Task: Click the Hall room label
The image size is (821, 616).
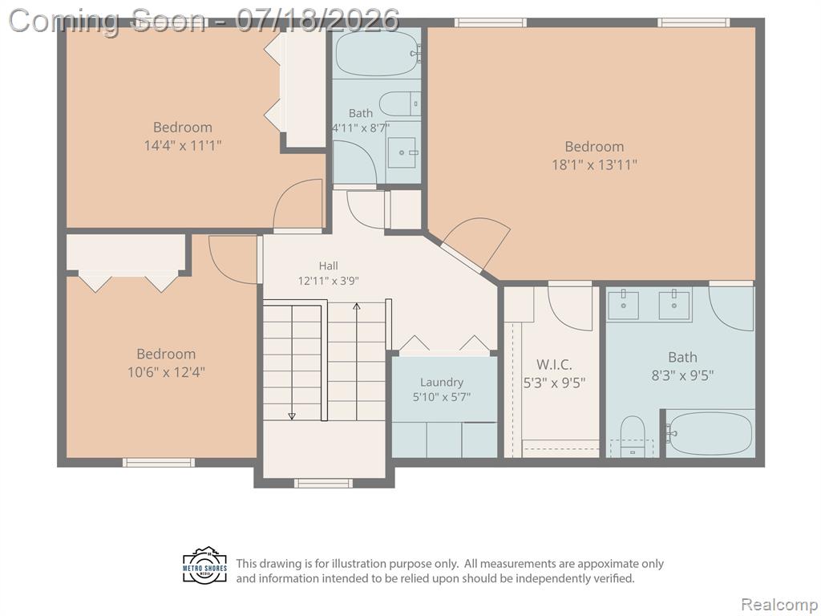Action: click(328, 266)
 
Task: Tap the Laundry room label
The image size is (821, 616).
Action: click(442, 383)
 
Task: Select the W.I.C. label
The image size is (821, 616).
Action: click(554, 365)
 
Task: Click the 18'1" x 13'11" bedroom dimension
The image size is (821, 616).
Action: click(594, 165)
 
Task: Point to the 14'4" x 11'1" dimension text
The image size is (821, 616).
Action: click(183, 145)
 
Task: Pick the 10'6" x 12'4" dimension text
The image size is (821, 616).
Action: click(166, 372)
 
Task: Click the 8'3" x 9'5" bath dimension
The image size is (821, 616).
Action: click(682, 375)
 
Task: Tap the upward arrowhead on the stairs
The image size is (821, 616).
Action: click(357, 306)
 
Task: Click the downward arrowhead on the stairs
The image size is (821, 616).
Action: click(292, 416)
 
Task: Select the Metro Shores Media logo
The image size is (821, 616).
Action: click(205, 566)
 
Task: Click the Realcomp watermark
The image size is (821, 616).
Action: click(779, 604)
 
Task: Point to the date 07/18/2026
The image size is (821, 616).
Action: click(317, 20)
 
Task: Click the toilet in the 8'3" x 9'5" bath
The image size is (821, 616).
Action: click(632, 436)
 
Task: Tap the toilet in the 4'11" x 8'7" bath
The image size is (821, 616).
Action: click(399, 103)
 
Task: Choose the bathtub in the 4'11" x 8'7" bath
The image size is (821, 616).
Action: click(378, 53)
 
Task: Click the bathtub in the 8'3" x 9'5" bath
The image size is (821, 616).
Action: click(710, 434)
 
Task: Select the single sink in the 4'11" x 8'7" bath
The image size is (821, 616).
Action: click(402, 152)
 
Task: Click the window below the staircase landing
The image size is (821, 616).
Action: click(323, 484)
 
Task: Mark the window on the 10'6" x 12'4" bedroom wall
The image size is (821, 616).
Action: click(159, 463)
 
